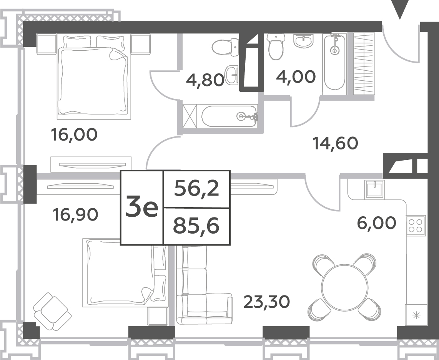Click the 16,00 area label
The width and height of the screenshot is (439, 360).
tap(74, 134)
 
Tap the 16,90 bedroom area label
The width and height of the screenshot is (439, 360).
tap(75, 215)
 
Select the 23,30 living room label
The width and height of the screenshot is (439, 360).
tap(267, 302)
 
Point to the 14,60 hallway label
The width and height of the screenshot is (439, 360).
tap(336, 143)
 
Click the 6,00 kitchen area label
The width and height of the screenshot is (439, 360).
tap(377, 223)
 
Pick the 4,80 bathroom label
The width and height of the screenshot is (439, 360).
tap(205, 80)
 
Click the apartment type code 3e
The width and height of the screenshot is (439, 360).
tap(142, 208)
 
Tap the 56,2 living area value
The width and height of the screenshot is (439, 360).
tap(196, 189)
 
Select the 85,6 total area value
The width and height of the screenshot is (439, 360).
tap(196, 226)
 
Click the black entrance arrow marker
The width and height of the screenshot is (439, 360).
tap(400, 10)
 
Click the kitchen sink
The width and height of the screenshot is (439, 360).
tap(375, 189)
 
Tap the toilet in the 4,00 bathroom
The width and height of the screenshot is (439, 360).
tap(276, 47)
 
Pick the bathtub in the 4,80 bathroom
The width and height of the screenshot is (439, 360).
tap(229, 116)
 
